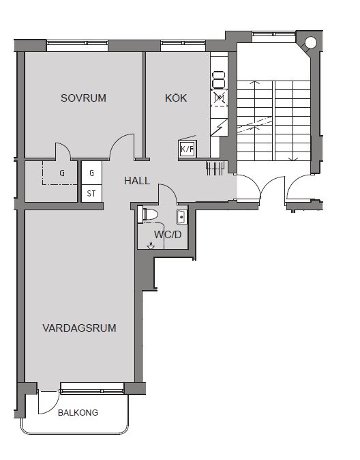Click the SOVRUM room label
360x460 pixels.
coord(84,98)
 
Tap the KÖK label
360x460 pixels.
coord(176,98)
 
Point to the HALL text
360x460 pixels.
coord(137,181)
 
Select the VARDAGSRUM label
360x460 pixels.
coord(80,328)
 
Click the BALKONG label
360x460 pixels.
coord(78,413)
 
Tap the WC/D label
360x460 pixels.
coord(168,235)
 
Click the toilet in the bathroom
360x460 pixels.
coord(148,214)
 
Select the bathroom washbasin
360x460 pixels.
coord(182,217)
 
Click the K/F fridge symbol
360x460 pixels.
coord(187,149)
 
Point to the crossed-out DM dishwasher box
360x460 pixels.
coord(220,98)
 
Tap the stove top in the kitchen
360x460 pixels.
coord(219,79)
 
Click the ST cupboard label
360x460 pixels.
coord(91,194)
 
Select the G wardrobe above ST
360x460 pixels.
coord(91,173)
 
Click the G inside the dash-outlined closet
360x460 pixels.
coord(62,173)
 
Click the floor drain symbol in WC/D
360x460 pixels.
coord(151,246)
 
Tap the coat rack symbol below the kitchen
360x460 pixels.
coord(215,168)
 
